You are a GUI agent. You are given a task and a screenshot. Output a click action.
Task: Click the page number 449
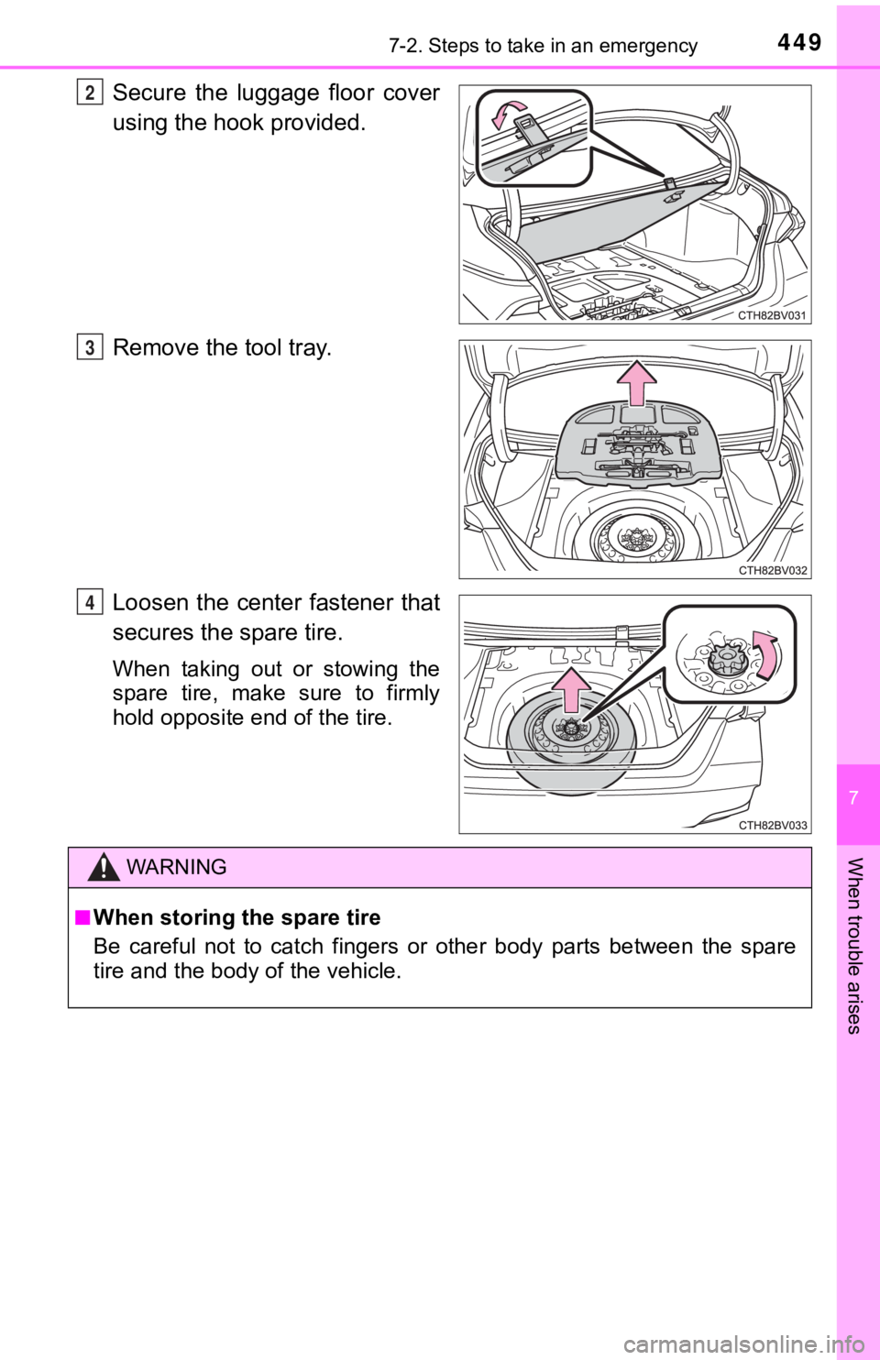(x=798, y=42)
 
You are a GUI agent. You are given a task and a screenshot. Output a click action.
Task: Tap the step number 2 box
(x=89, y=93)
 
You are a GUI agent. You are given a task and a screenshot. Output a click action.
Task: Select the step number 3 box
(x=89, y=347)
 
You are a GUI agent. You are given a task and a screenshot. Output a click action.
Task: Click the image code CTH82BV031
(x=773, y=314)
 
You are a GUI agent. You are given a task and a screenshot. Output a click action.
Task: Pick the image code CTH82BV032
(x=773, y=570)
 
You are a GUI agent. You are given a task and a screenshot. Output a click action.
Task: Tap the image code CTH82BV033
(x=773, y=825)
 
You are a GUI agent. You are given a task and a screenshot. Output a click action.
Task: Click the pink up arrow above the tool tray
(x=636, y=382)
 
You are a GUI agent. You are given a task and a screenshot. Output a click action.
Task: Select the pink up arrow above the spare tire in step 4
(x=571, y=690)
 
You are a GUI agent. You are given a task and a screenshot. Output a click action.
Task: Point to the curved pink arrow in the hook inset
(x=508, y=113)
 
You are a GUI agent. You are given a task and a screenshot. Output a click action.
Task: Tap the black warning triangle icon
(x=104, y=867)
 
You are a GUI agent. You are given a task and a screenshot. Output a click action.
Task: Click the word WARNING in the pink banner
(x=177, y=867)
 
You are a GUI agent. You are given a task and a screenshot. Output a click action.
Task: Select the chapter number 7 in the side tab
(x=854, y=797)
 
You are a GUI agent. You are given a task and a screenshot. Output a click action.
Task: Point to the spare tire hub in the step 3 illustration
(x=635, y=537)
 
